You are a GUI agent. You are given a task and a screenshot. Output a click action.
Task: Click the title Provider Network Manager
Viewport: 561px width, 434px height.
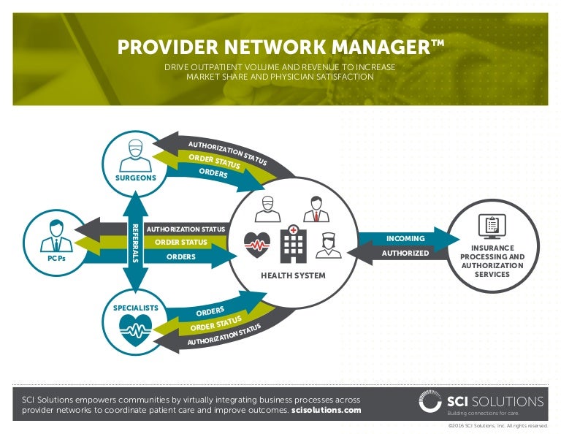280,47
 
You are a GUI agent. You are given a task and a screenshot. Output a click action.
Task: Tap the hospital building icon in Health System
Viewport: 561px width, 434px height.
293,244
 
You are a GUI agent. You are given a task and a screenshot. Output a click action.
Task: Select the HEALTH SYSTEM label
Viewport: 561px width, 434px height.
293,275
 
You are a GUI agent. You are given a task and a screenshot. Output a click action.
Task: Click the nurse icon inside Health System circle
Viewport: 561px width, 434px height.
328,244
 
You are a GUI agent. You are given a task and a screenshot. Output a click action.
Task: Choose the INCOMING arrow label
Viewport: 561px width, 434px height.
406,238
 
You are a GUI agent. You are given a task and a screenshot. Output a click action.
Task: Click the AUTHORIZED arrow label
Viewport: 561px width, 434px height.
405,254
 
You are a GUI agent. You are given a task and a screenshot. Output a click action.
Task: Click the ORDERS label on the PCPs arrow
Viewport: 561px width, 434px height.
181,256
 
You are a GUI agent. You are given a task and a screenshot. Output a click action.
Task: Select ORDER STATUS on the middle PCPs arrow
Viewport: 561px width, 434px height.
181,243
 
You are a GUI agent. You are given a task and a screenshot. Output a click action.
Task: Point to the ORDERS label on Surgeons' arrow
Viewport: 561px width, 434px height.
213,174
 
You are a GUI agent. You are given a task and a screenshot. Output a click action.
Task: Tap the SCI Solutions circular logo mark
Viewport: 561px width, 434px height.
430,402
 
